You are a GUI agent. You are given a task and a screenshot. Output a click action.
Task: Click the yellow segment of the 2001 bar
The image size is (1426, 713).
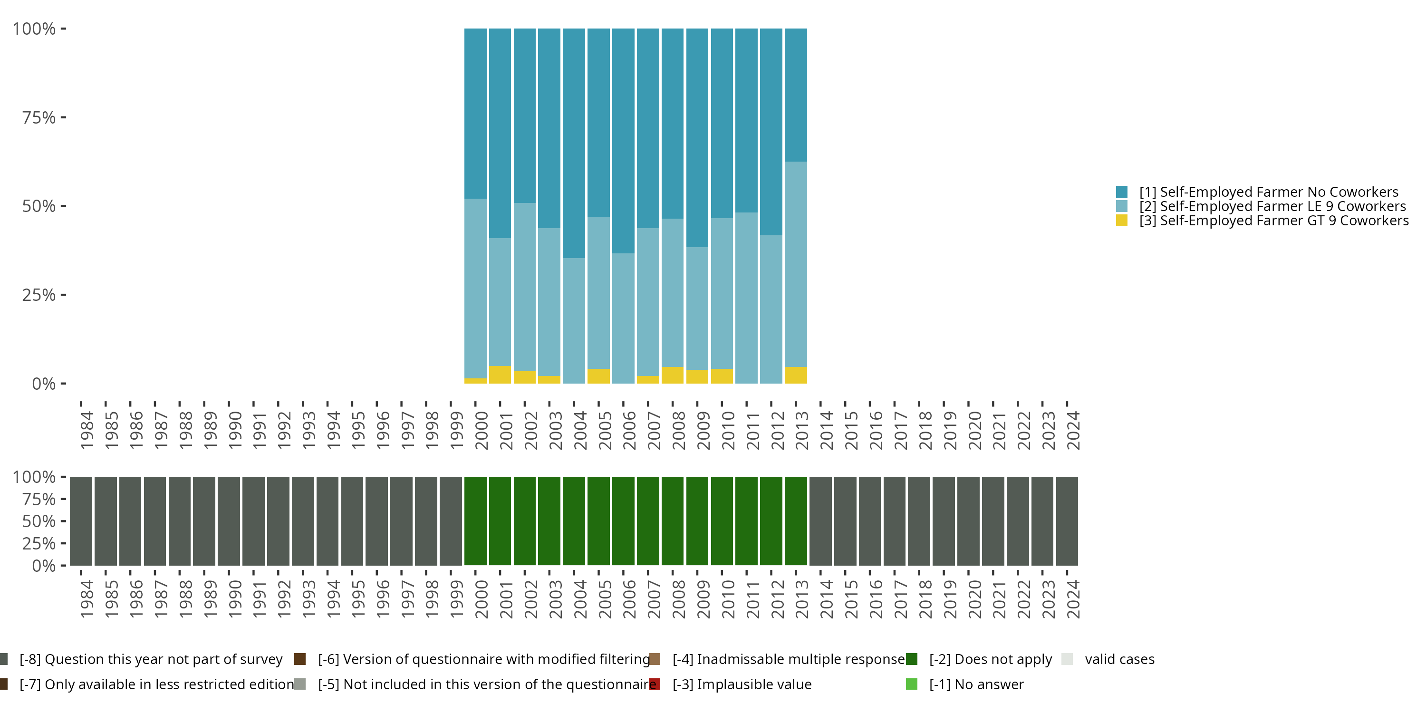[x=500, y=375]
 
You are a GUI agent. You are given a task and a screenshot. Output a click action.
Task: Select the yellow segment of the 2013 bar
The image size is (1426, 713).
[x=796, y=376]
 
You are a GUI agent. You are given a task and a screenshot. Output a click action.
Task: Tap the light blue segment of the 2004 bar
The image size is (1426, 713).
[x=574, y=320]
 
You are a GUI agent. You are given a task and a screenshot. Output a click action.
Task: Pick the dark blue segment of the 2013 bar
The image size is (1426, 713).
[x=796, y=95]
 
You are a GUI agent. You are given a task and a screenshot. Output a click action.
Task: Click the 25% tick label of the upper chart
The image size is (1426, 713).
[x=39, y=295]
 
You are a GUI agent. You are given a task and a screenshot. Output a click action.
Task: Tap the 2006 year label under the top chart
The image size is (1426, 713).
[x=629, y=430]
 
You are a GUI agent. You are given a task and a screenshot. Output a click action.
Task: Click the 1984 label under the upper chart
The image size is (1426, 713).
[x=87, y=430]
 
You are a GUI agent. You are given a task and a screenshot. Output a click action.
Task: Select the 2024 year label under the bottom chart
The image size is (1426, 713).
[x=1073, y=599]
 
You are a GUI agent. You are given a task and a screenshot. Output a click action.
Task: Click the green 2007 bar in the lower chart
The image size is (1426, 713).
[x=648, y=521]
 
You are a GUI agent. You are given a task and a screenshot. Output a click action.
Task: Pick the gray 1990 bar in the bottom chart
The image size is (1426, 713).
[x=229, y=521]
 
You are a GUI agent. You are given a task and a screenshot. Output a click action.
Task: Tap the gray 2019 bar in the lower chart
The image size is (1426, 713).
[x=943, y=521]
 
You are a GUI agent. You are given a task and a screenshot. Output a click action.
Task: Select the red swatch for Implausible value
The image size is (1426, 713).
[x=655, y=684]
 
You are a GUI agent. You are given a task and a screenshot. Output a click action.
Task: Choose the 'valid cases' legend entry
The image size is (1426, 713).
[x=1119, y=659]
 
